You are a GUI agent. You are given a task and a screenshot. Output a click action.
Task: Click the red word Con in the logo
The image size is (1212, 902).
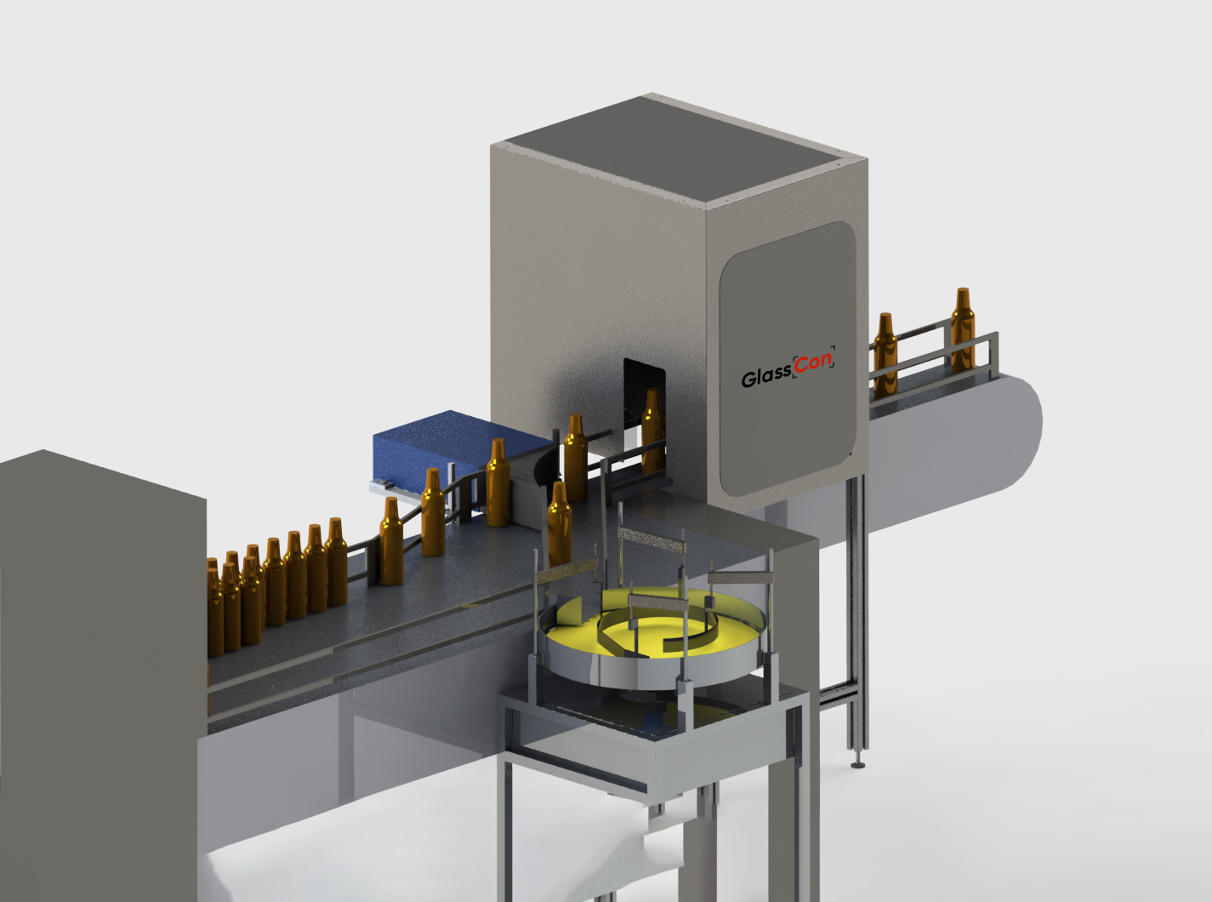click(813, 363)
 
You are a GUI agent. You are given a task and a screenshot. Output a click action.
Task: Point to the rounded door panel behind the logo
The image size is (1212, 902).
click(788, 358)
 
